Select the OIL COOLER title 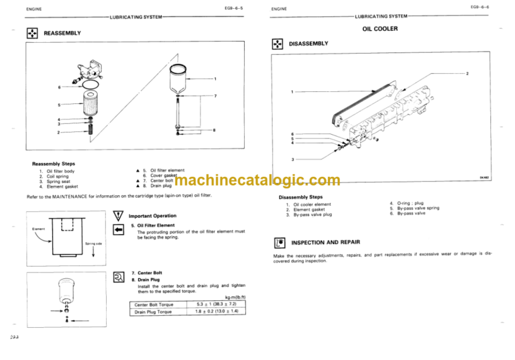(x=380, y=29)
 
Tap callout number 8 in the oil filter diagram (x=214, y=130)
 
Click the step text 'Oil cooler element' (x=312, y=204)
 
